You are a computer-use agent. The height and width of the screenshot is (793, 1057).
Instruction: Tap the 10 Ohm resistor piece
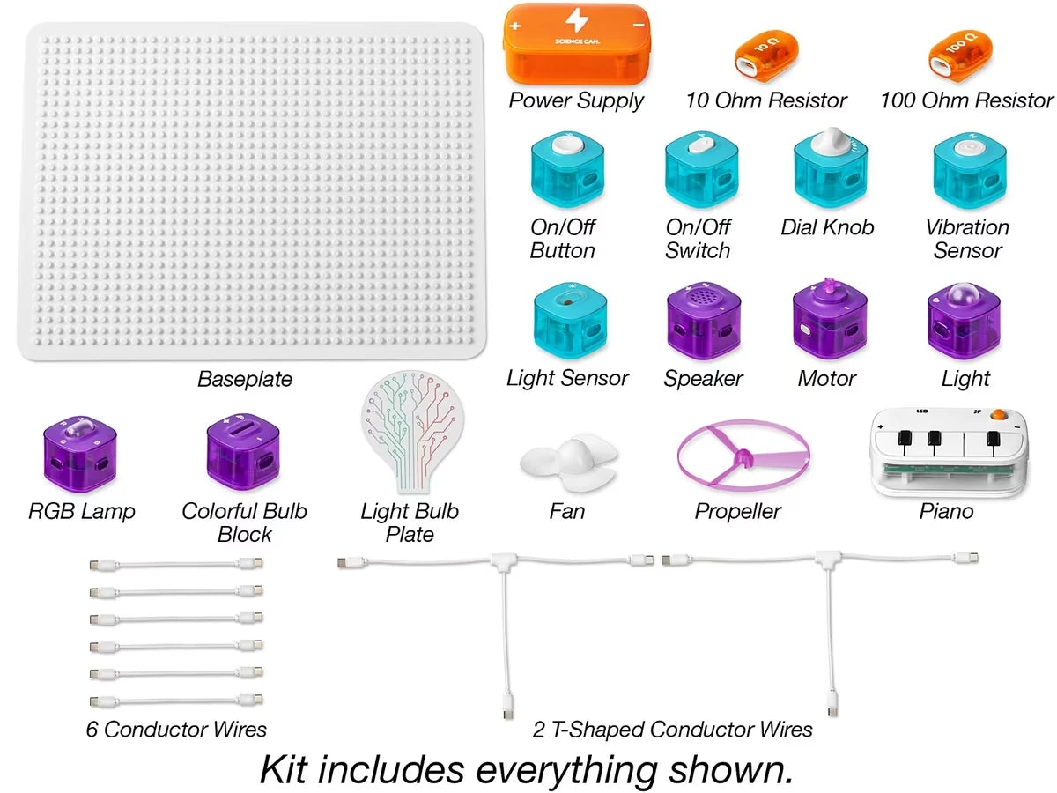[765, 56]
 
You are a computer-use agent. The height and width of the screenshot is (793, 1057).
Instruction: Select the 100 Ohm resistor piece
[960, 56]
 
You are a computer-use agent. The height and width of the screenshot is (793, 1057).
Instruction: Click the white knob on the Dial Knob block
[832, 141]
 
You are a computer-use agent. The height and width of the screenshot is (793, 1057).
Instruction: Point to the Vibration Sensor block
[969, 171]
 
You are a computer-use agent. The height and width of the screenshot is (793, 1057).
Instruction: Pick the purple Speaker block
[703, 322]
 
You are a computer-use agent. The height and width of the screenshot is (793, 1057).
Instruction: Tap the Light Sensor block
[570, 322]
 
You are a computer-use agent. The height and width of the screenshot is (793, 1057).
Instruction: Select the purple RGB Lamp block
[80, 454]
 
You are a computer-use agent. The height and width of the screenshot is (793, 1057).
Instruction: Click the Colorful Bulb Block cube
[243, 452]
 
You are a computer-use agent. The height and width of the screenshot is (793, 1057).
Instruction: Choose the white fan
[569, 461]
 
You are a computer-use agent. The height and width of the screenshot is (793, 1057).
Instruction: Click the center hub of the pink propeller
[743, 456]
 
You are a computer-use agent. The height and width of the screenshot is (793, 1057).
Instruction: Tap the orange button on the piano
[998, 414]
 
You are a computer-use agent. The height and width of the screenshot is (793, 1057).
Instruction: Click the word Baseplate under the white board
[245, 379]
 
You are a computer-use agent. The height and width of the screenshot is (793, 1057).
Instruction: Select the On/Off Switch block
[701, 169]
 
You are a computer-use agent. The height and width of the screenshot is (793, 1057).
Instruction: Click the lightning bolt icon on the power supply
[576, 19]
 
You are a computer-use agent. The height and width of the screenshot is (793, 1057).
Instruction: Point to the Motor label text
[827, 379]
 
